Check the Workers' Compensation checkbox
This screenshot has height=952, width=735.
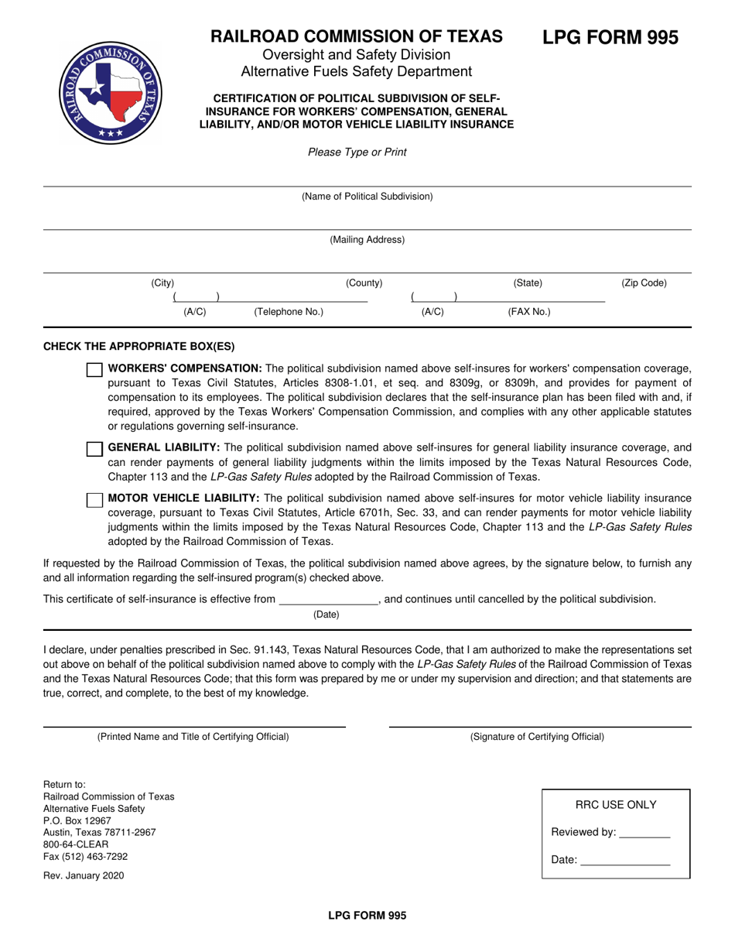click(94, 370)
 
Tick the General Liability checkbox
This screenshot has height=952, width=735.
click(94, 449)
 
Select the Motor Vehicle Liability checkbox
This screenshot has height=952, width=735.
click(94, 500)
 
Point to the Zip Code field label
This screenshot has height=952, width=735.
click(644, 283)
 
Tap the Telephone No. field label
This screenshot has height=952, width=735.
click(289, 312)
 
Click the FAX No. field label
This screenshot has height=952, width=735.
click(529, 312)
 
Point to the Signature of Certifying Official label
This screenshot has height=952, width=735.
click(537, 737)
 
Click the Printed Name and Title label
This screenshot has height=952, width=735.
click(193, 737)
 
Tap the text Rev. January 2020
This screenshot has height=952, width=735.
click(84, 876)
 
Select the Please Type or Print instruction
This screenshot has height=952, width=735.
click(357, 152)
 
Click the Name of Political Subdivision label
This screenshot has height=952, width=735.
click(367, 197)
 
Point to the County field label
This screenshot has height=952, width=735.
click(364, 283)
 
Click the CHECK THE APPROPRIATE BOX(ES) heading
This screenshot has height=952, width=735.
click(138, 347)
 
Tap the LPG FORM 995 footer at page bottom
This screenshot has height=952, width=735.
click(367, 915)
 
